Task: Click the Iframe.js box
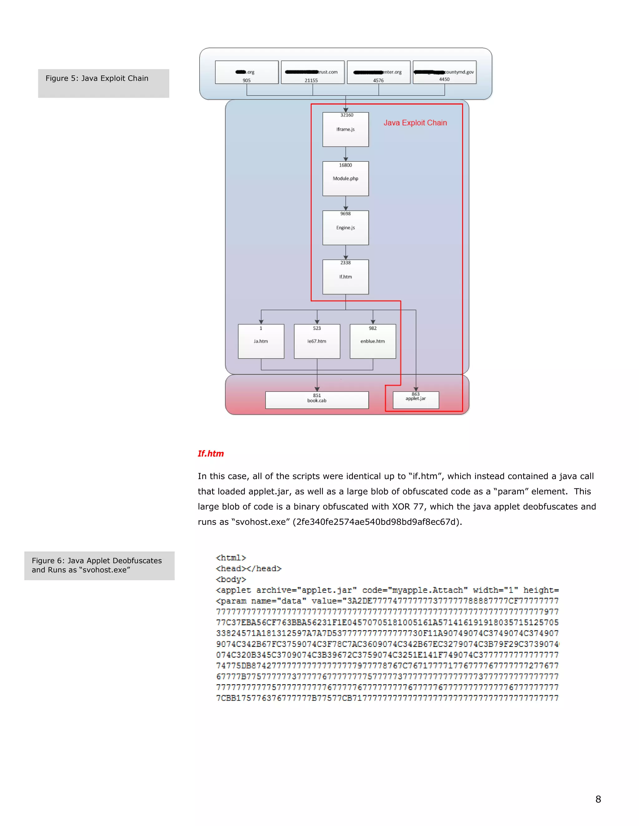pyautogui.click(x=345, y=129)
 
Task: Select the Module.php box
pyautogui.click(x=345, y=179)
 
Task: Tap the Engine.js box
pyautogui.click(x=345, y=228)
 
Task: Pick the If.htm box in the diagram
pyautogui.click(x=345, y=277)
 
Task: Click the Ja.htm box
pyautogui.click(x=261, y=341)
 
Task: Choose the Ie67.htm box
pyautogui.click(x=317, y=341)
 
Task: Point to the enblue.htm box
pyautogui.click(x=373, y=341)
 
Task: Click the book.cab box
pyautogui.click(x=317, y=400)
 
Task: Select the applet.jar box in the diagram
pyautogui.click(x=416, y=400)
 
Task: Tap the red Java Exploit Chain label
pyautogui.click(x=415, y=123)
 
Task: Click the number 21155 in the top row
pyautogui.click(x=311, y=80)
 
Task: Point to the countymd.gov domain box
pyautogui.click(x=444, y=72)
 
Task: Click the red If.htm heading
pyautogui.click(x=211, y=454)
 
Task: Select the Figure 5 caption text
pyautogui.click(x=97, y=78)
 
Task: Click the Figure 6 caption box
pyautogui.click(x=99, y=565)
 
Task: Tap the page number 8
pyautogui.click(x=598, y=799)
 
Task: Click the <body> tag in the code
pyautogui.click(x=231, y=579)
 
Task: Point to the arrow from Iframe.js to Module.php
pyautogui.click(x=346, y=154)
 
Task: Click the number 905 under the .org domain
pyautogui.click(x=246, y=80)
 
